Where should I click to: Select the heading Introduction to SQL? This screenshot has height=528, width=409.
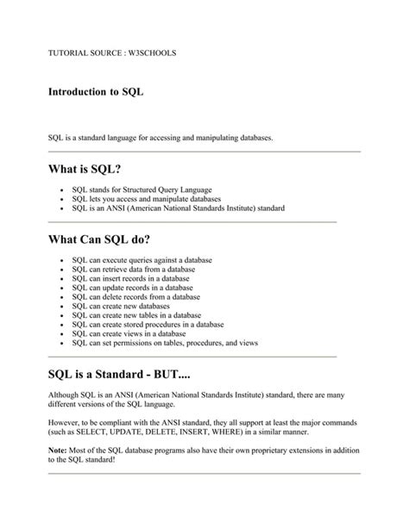coord(95,89)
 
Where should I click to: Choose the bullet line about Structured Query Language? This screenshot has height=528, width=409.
coord(142,189)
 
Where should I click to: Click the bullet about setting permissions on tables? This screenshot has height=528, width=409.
coord(166,343)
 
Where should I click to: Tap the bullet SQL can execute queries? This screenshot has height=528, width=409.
coord(142,259)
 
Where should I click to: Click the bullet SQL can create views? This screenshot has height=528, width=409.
coord(129,333)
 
